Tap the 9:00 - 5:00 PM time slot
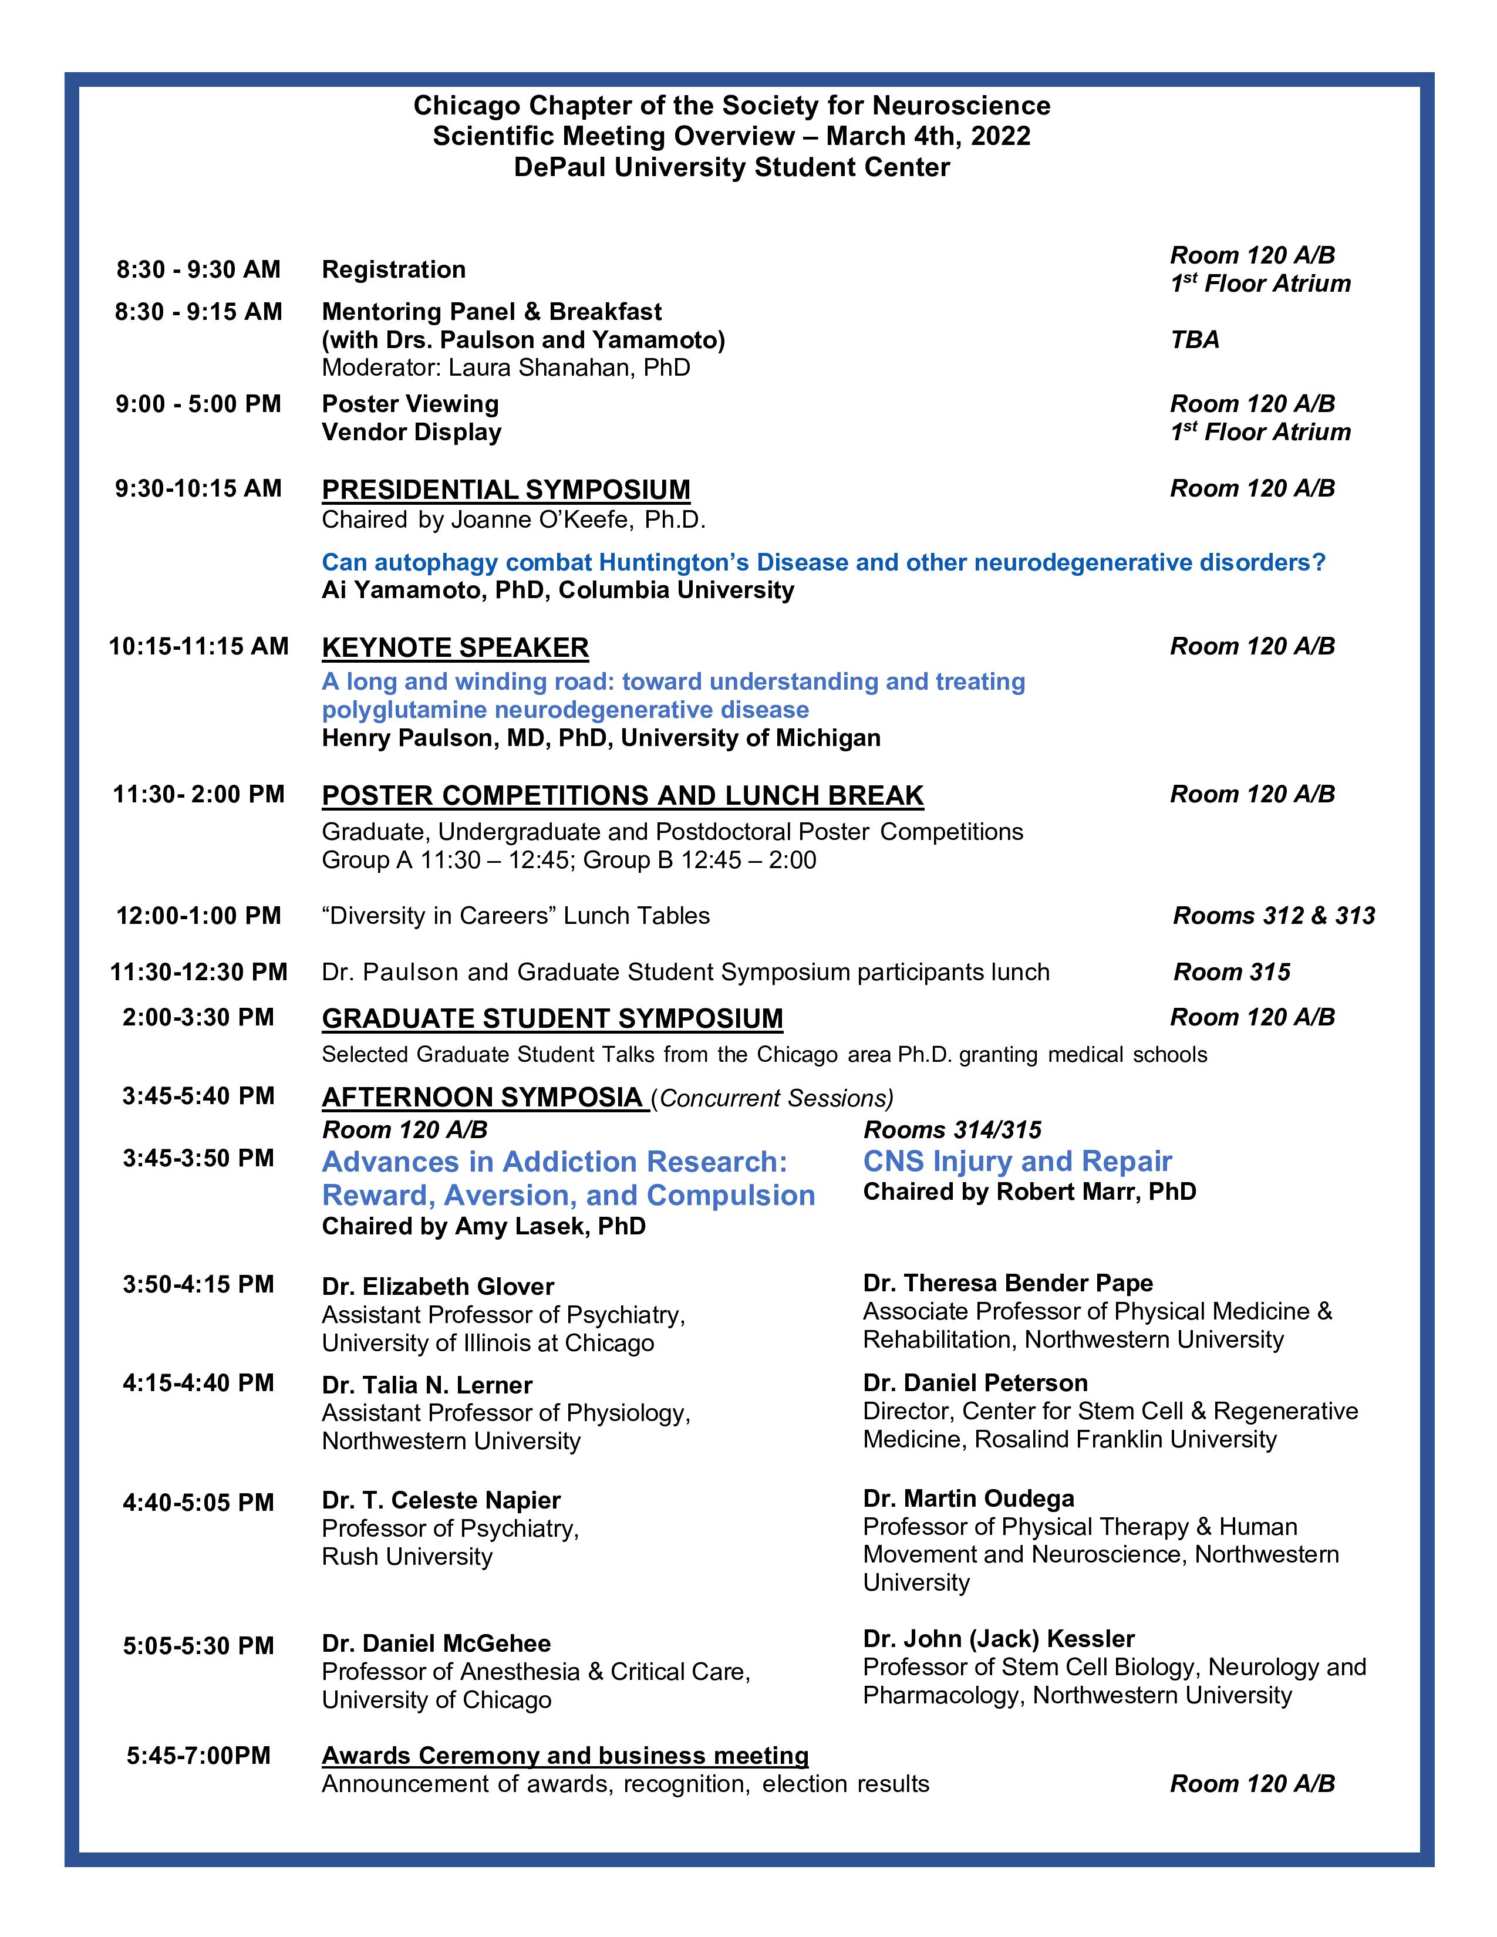tap(198, 404)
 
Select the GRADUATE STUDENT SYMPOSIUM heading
tap(552, 1018)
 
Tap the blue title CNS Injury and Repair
tap(1017, 1161)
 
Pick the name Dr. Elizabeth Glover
tap(437, 1286)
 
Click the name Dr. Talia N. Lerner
tap(427, 1385)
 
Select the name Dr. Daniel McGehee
tap(436, 1644)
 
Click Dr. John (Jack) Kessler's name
tap(999, 1638)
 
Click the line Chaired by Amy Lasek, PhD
tap(483, 1227)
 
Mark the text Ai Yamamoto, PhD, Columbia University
tap(558, 590)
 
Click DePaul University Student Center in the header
tap(731, 168)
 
